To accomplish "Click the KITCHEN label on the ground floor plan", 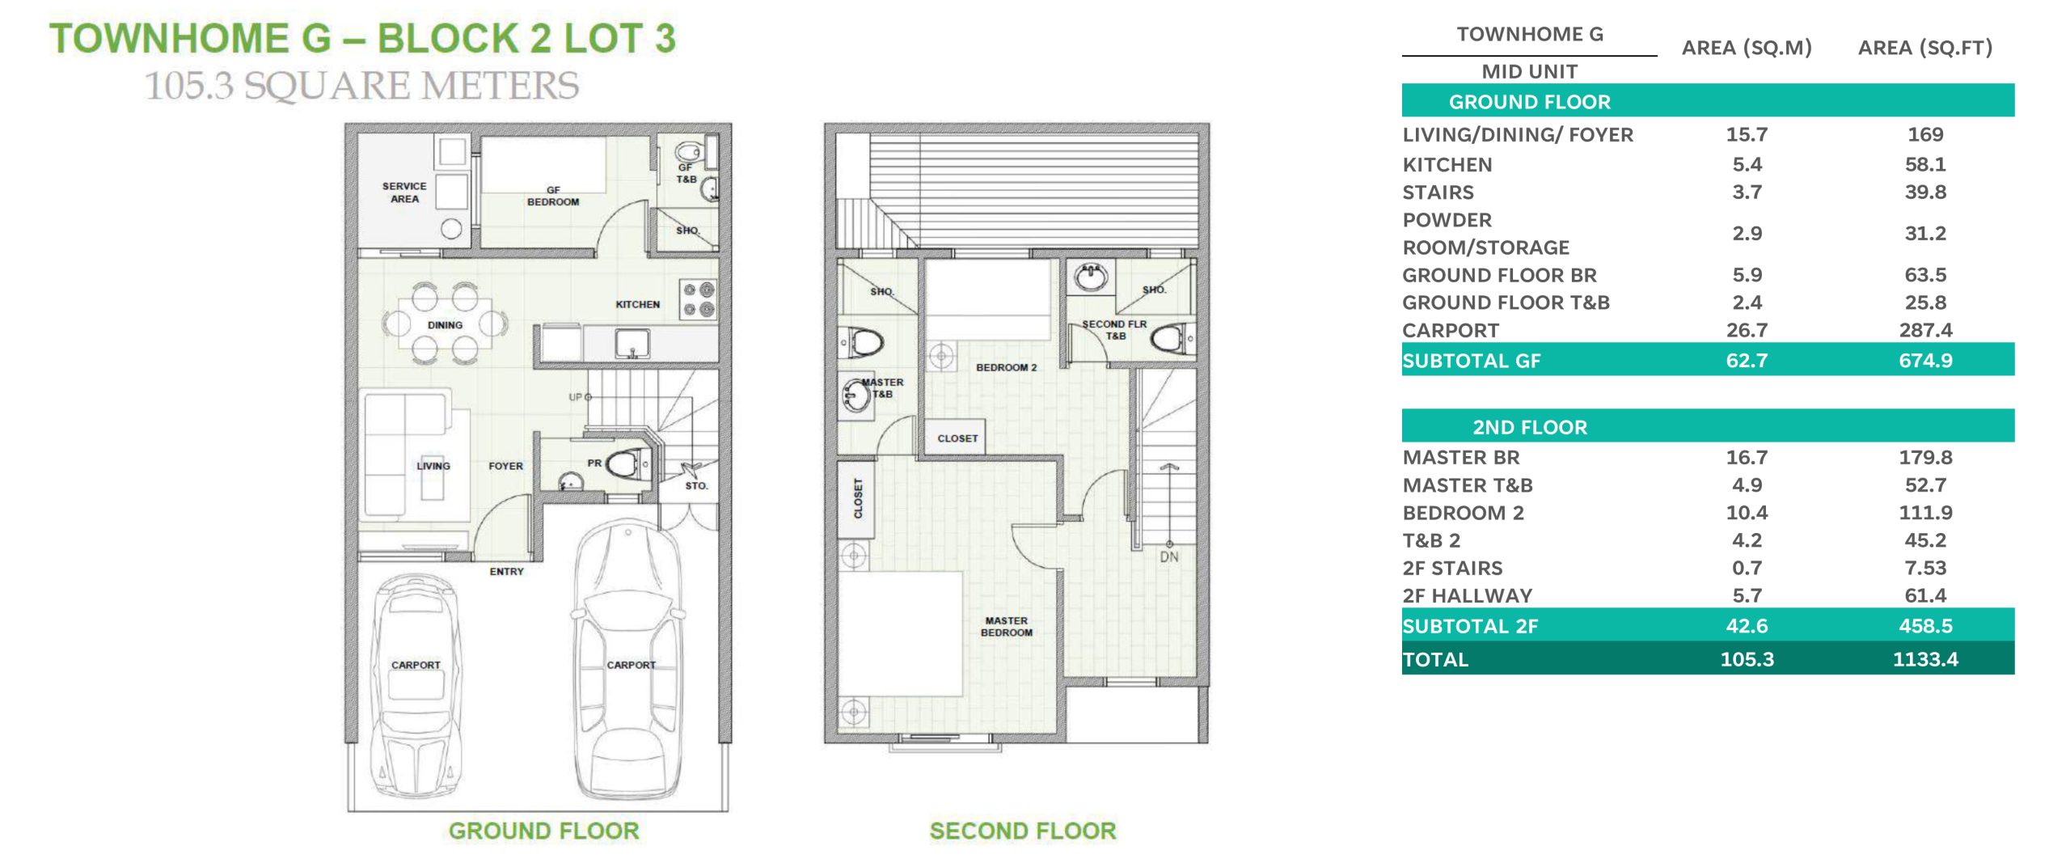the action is (x=637, y=305).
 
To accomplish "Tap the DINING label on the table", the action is (x=445, y=325).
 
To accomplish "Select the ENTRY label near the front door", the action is (x=506, y=572).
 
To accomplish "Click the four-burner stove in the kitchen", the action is (x=698, y=299).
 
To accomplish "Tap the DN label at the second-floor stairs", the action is (x=1169, y=557).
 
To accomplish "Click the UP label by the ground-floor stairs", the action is (x=575, y=397).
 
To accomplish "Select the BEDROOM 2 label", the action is (x=1006, y=367).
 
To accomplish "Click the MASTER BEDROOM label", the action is (x=1006, y=627).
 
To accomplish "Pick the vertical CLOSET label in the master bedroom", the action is (x=858, y=498).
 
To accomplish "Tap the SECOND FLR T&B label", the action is (x=1114, y=330).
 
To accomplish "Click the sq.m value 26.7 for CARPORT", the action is (x=1747, y=330).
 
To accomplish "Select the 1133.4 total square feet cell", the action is (x=1925, y=659).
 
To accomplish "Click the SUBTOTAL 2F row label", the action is (x=1470, y=626).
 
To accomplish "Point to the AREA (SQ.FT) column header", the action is (x=1925, y=48).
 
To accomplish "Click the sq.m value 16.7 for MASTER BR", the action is (x=1747, y=458).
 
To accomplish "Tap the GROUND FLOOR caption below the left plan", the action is (x=543, y=831).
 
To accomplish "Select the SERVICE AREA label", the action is (x=404, y=192).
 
